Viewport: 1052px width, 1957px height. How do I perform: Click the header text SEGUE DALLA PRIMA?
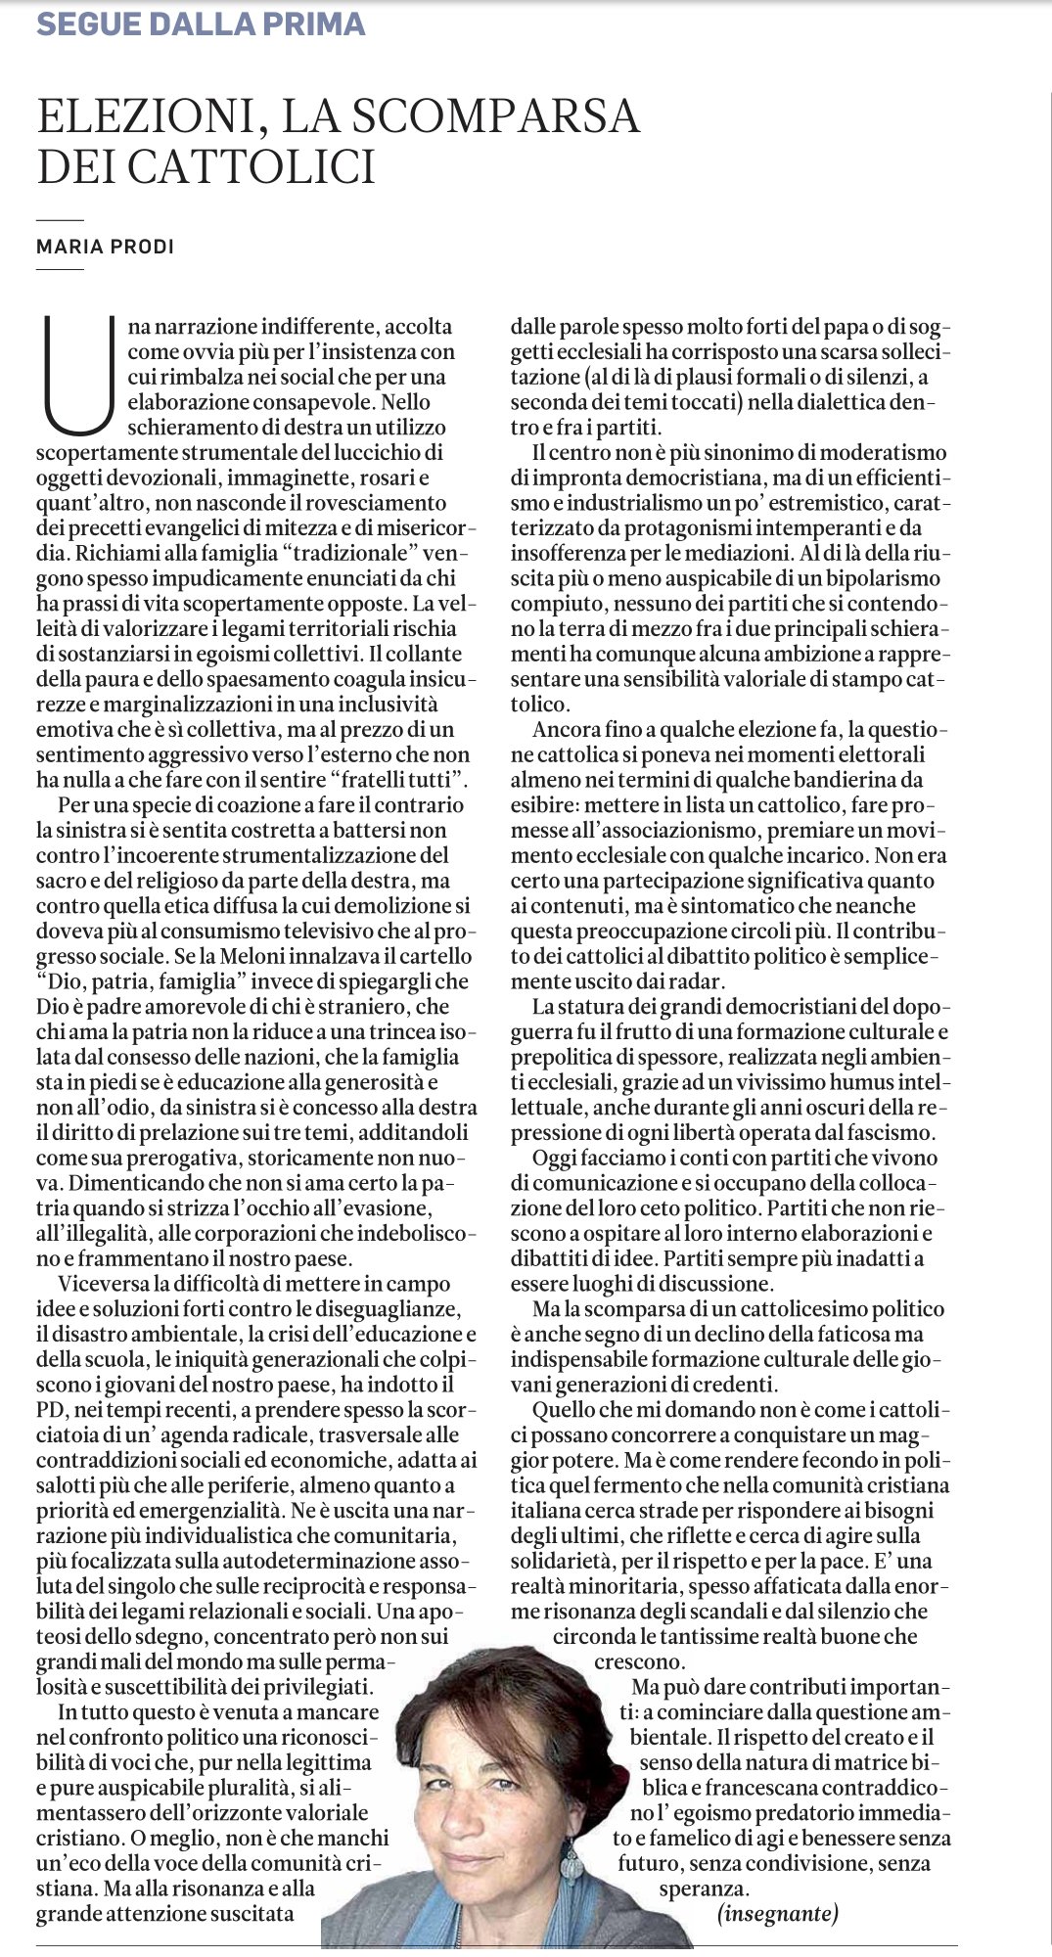coord(201,23)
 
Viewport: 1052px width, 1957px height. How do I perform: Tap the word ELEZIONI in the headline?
coord(146,116)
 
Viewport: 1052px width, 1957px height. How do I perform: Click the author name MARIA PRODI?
coord(105,247)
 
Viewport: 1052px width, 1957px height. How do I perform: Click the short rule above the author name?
coord(60,221)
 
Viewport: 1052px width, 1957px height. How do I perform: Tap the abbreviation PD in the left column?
coord(50,1410)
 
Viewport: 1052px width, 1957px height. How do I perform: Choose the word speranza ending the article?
coord(704,1889)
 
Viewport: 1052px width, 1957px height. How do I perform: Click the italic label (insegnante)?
coord(778,1913)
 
